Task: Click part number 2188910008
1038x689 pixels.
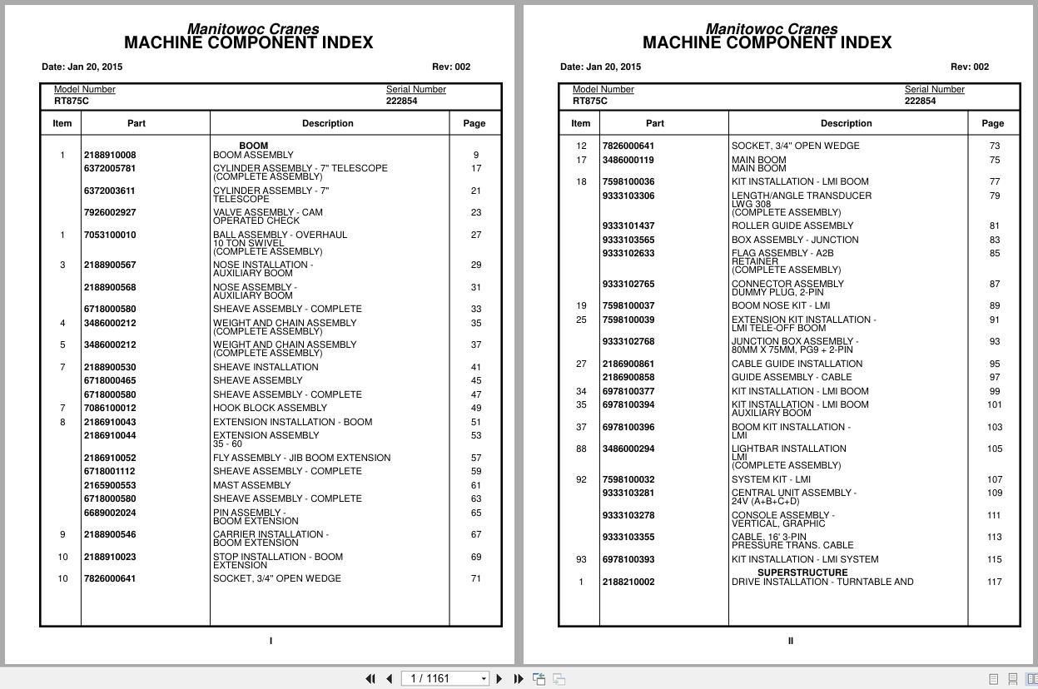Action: tap(110, 155)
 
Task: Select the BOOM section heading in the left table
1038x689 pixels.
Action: tap(253, 146)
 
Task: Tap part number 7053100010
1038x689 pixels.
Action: tap(110, 235)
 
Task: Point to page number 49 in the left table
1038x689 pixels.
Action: tap(475, 408)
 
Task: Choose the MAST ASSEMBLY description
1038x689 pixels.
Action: tap(251, 485)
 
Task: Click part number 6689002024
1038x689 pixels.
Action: tap(110, 513)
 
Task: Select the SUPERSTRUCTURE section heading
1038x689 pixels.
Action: tap(802, 573)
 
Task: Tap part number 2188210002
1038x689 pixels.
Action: tap(628, 582)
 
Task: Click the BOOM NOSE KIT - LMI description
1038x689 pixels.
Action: tap(780, 305)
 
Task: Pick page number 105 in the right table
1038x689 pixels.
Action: tap(994, 449)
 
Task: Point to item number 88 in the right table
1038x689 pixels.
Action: tap(581, 449)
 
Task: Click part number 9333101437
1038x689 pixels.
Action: tap(628, 226)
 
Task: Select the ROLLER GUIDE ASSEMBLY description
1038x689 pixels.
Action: tap(792, 226)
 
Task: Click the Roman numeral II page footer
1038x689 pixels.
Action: tap(790, 641)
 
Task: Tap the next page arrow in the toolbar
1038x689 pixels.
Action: tap(499, 679)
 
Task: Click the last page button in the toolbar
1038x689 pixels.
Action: tap(519, 679)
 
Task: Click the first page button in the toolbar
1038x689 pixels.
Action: tap(370, 679)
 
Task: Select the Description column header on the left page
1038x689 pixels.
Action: tap(328, 123)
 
